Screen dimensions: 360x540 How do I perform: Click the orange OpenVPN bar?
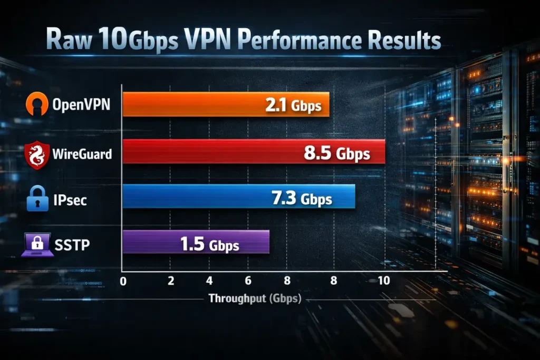point(226,104)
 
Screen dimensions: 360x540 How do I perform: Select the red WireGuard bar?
point(253,152)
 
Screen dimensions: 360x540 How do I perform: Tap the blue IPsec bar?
point(238,197)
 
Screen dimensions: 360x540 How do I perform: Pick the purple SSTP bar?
point(196,242)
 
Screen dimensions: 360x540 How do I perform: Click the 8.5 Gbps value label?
point(336,153)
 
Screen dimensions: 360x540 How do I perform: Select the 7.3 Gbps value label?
point(301,198)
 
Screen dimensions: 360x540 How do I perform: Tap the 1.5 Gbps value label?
point(209,245)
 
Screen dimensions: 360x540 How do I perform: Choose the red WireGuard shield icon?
point(37,154)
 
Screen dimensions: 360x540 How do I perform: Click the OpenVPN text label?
point(81,104)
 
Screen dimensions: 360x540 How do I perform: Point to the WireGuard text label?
point(82,154)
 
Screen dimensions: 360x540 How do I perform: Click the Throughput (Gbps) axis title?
point(254,298)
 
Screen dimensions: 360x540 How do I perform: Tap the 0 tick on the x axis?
point(123,281)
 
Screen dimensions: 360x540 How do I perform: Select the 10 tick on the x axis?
point(383,280)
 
